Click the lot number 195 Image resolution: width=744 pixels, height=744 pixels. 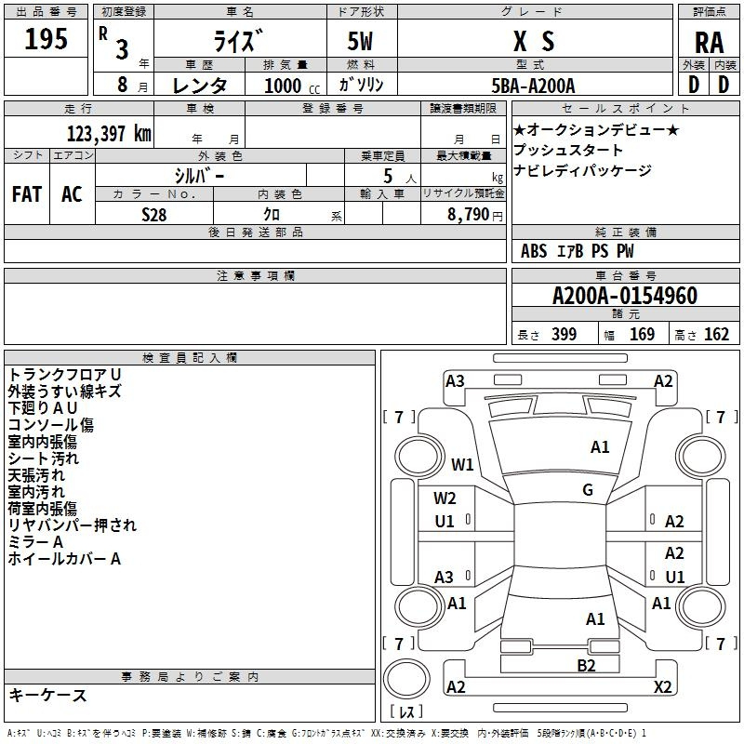pos(46,39)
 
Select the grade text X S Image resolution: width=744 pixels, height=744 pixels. pos(534,41)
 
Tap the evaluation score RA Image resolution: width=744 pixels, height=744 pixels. pos(710,43)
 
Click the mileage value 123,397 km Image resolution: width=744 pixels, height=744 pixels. pos(109,134)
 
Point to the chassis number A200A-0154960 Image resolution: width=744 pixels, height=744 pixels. pos(625,296)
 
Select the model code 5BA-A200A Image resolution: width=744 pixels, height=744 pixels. pos(533,86)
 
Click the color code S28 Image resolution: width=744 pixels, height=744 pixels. pos(154,215)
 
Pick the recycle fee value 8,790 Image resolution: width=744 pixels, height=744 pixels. pos(469,215)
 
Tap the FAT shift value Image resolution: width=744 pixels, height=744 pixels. pos(27,194)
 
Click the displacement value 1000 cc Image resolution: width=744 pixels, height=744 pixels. pos(292,86)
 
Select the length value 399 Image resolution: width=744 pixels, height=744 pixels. pos(564,334)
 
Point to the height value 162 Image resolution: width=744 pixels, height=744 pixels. pos(716,334)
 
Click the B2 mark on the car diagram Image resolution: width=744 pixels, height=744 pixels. pos(586,666)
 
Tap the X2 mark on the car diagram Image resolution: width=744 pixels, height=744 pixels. pos(663,686)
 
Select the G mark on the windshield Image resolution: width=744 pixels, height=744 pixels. pos(588,489)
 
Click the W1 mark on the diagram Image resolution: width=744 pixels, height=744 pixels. pos(462,464)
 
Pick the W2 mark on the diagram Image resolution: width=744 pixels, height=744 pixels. pos(445,498)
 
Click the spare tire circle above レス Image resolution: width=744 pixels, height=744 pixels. pos(406,679)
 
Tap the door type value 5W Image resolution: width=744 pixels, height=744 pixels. pos(360,41)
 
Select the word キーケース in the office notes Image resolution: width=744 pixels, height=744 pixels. pos(47,695)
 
